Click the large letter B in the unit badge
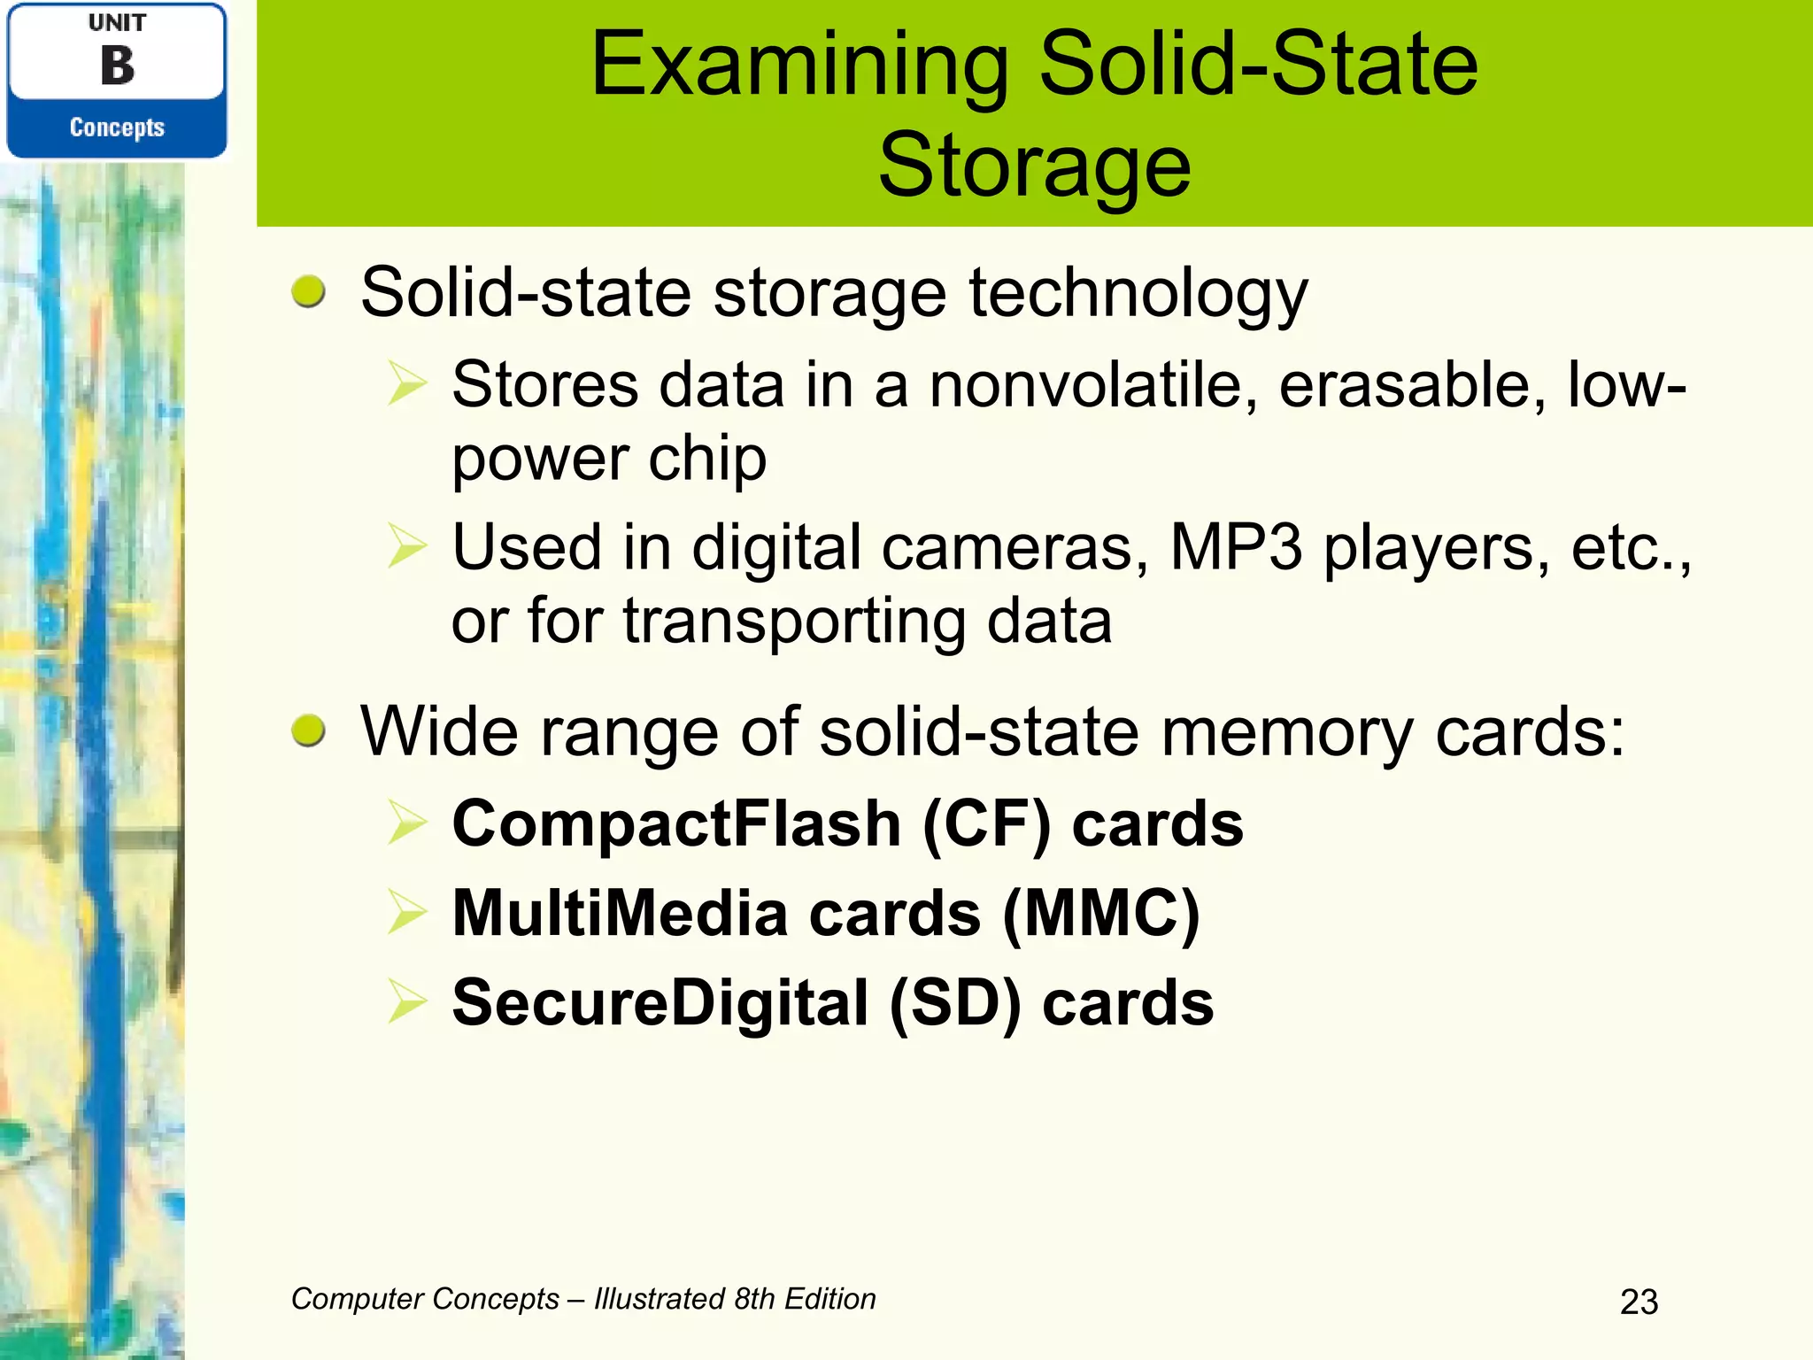(x=118, y=66)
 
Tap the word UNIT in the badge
(x=118, y=23)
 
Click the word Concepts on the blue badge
(x=117, y=127)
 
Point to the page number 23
(x=1639, y=1302)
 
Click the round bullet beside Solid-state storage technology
(x=308, y=291)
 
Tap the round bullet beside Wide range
(x=308, y=731)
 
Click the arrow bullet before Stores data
(x=407, y=385)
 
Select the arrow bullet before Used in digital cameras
(x=407, y=546)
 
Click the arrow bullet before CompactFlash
(x=407, y=823)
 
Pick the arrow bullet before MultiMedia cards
(x=407, y=913)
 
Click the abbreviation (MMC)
(x=1100, y=914)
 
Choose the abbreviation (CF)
(x=986, y=824)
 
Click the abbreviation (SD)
(x=954, y=1003)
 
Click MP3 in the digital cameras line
(x=1236, y=547)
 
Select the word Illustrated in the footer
(x=660, y=1299)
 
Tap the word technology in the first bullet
(x=1138, y=293)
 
